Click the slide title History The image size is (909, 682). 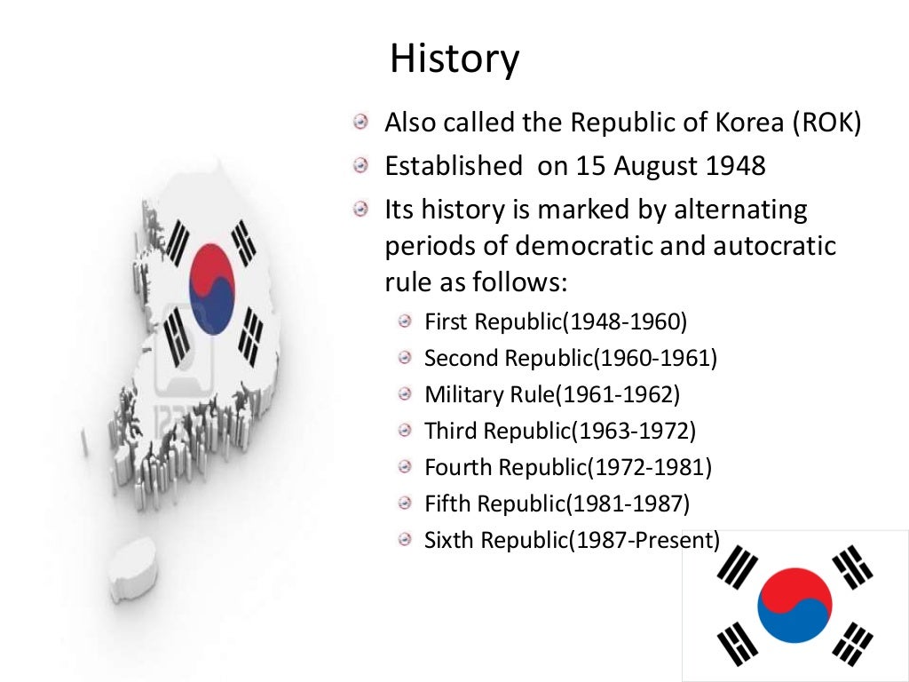coord(454,60)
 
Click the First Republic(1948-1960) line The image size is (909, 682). coord(556,321)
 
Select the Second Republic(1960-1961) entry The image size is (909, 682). coord(570,358)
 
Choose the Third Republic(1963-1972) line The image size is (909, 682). coord(560,431)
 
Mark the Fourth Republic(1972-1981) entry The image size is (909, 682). coord(568,466)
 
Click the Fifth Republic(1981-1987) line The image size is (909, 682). coord(557,504)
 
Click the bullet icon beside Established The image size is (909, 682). coord(360,166)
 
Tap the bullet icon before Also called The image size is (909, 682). coord(360,123)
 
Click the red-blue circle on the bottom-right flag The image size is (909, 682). coord(794,606)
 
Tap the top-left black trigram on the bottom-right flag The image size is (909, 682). coord(737,567)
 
